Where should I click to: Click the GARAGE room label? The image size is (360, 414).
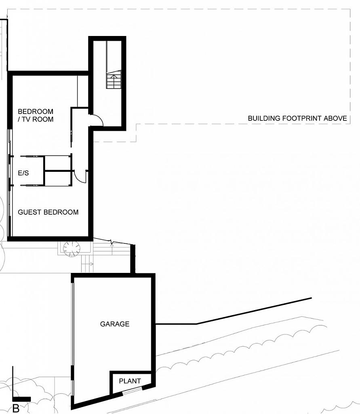pyautogui.click(x=115, y=324)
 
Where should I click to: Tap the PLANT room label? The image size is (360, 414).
pyautogui.click(x=130, y=381)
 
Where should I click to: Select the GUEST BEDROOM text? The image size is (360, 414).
pyautogui.click(x=48, y=212)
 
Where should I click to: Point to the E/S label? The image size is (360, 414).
pyautogui.click(x=23, y=173)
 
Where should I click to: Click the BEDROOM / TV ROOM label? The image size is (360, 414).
pyautogui.click(x=36, y=115)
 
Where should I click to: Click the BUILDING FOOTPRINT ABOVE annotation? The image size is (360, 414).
pyautogui.click(x=297, y=118)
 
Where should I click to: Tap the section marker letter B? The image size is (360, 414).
pyautogui.click(x=16, y=408)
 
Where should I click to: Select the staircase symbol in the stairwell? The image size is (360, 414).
pyautogui.click(x=114, y=80)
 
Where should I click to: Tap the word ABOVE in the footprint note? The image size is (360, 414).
pyautogui.click(x=335, y=118)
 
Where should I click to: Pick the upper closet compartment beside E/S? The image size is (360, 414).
pyautogui.click(x=58, y=163)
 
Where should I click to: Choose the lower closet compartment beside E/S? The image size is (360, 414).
pyautogui.click(x=58, y=179)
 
